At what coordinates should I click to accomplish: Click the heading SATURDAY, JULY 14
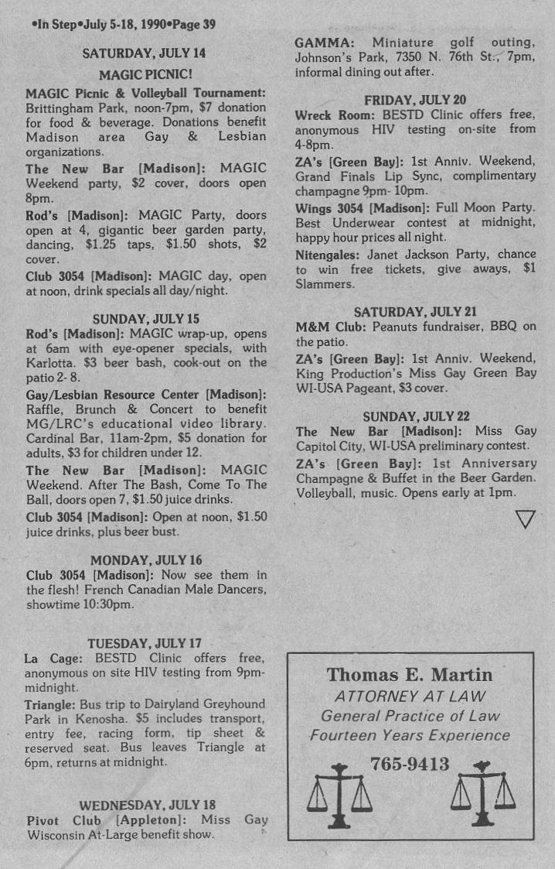click(145, 53)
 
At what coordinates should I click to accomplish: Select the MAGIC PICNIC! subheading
click(145, 74)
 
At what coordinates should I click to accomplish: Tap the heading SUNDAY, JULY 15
click(145, 318)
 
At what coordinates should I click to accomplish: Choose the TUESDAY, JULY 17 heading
click(145, 643)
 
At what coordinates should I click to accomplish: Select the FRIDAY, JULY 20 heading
click(415, 99)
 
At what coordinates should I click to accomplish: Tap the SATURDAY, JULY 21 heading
click(415, 312)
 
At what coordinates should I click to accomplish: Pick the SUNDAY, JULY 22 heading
click(415, 416)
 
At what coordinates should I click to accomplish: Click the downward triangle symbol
click(525, 518)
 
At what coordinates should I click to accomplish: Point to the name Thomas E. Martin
click(410, 675)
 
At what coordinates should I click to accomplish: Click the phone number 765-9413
click(410, 765)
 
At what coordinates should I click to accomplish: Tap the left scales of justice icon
click(339, 795)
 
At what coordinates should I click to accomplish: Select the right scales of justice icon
click(483, 793)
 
